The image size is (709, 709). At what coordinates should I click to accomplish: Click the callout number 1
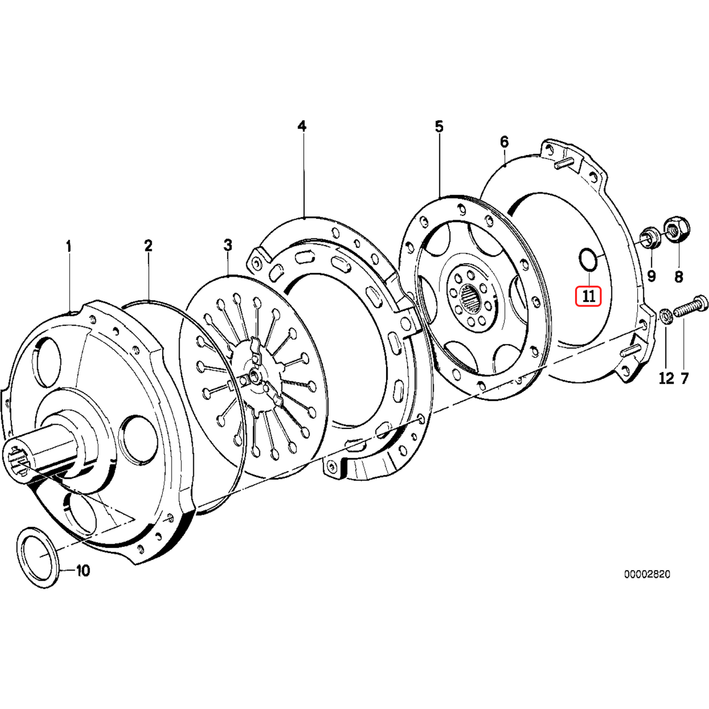[69, 246]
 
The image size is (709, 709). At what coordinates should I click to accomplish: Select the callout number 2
[148, 246]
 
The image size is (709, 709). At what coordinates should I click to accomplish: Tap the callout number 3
[228, 245]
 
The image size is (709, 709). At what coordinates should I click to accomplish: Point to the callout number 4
[302, 127]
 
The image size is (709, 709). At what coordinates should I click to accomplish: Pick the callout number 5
[439, 127]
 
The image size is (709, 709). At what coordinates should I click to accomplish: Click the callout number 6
[504, 142]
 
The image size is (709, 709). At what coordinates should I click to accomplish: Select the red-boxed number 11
[588, 296]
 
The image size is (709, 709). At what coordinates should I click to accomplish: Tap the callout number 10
[83, 571]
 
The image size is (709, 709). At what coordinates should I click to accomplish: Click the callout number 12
[666, 378]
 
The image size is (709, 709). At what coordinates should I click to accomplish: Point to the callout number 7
[684, 378]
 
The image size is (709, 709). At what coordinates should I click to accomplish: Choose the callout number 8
[679, 277]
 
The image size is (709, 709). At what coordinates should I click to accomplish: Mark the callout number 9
[651, 276]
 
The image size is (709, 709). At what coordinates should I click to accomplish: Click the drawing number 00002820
[647, 574]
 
